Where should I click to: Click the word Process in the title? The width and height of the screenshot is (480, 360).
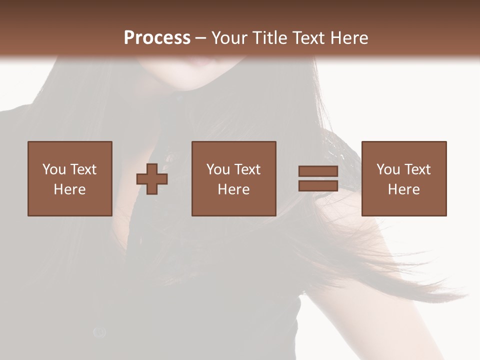coord(157,38)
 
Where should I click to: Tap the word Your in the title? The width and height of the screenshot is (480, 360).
coord(229,38)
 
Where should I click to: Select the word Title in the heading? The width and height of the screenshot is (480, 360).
coord(269,38)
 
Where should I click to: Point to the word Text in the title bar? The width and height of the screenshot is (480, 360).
coord(310,38)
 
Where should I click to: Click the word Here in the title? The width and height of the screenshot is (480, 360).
coord(350,38)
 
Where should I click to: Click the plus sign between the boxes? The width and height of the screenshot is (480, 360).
coord(152,179)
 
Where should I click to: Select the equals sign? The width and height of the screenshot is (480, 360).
coord(318,178)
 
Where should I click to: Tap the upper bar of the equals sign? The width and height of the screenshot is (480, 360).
coord(318,171)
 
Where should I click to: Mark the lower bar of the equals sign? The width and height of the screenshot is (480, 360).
coord(318,185)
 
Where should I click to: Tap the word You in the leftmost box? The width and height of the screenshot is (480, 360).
coord(54,169)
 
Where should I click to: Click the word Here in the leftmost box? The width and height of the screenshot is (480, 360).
coord(69,189)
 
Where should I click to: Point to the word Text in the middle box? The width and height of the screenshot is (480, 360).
coord(247,169)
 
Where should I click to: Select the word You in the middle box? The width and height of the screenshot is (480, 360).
coord(218,169)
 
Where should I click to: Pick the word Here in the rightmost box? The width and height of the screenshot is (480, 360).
coord(403,189)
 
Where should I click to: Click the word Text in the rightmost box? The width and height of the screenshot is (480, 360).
coord(417,169)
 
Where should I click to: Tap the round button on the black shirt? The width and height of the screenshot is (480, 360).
coord(99,331)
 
